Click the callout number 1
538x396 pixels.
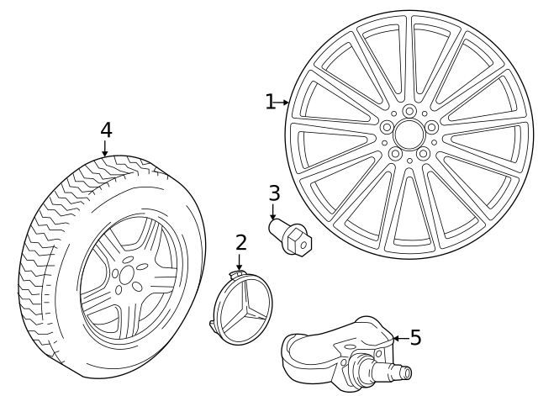pyautogui.click(x=270, y=103)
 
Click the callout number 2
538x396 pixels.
pyautogui.click(x=241, y=243)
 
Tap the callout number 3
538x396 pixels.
pyautogui.click(x=274, y=193)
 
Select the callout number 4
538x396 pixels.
pyautogui.click(x=105, y=130)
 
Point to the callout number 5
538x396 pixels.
pyautogui.click(x=415, y=338)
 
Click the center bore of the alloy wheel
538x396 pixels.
pyautogui.click(x=409, y=135)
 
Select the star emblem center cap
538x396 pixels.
pyautogui.click(x=243, y=309)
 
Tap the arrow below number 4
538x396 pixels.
pyautogui.click(x=105, y=149)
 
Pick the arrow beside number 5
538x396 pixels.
pyautogui.click(x=398, y=338)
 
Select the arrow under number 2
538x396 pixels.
pyautogui.click(x=240, y=262)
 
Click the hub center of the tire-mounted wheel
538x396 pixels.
pyautogui.click(x=127, y=275)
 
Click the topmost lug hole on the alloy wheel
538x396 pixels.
pyautogui.click(x=409, y=111)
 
